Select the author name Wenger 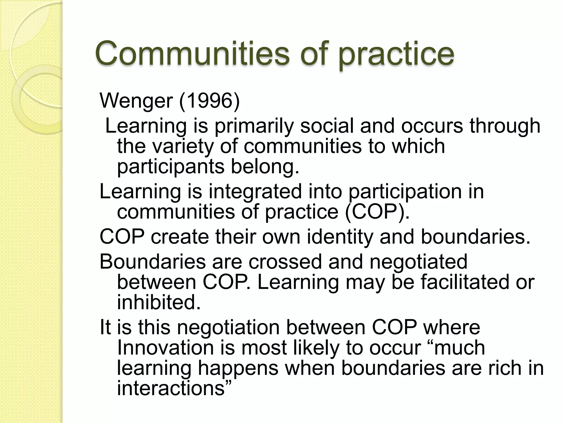(136, 101)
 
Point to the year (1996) (210, 101)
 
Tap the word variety (183, 147)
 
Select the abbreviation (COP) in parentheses (377, 212)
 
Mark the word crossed (285, 261)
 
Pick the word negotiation (228, 328)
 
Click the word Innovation (166, 348)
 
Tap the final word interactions (174, 388)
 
